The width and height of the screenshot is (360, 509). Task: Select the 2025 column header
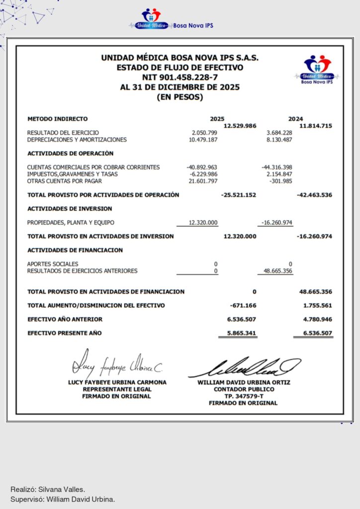(x=217, y=119)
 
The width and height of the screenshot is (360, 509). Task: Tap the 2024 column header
(x=295, y=119)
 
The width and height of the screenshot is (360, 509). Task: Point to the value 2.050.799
(x=204, y=133)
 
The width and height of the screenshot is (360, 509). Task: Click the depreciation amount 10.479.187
(x=203, y=140)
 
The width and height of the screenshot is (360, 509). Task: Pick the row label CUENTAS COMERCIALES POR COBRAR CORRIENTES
(x=93, y=167)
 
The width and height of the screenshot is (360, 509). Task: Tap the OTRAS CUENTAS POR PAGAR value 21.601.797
(x=203, y=181)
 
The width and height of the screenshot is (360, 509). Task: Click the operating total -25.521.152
(x=238, y=195)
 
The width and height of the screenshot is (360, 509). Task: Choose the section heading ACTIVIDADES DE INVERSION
(x=70, y=209)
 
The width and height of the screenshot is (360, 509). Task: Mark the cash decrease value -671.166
(x=243, y=305)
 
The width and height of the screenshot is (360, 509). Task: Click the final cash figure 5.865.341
(x=241, y=333)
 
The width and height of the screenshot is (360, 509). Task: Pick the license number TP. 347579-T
(x=244, y=396)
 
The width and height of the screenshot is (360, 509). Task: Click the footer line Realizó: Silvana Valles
(x=44, y=489)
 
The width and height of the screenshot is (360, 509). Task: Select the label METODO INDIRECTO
(x=57, y=119)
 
